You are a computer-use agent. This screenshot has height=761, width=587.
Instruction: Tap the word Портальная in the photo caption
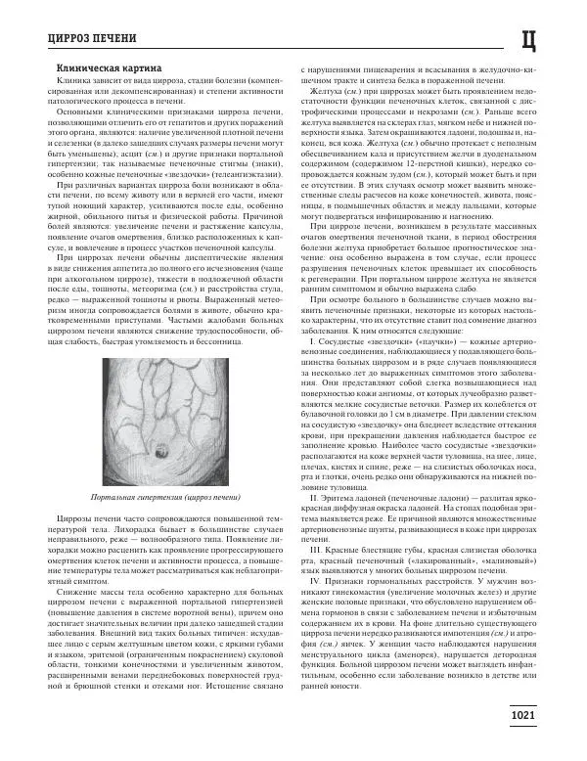pos(109,498)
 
